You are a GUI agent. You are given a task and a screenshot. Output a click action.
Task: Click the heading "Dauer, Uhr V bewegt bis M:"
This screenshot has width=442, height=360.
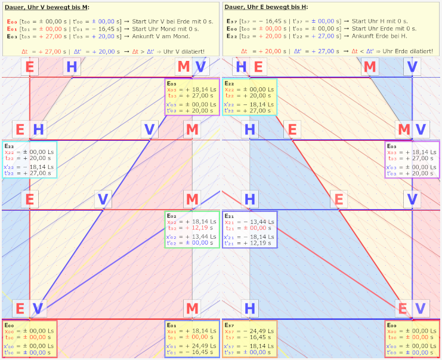[x=47, y=7]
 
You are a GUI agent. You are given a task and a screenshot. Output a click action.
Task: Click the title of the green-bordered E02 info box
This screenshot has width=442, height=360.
[x=172, y=215]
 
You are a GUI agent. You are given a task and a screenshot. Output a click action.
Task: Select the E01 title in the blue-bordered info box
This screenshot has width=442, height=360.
[x=172, y=325]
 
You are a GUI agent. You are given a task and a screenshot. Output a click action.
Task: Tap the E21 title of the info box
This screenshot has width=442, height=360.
[x=229, y=215]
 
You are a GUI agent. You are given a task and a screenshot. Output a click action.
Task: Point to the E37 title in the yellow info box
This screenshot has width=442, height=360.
[x=230, y=325]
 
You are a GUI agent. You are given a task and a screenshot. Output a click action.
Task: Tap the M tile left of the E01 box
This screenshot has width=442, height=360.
[x=192, y=308]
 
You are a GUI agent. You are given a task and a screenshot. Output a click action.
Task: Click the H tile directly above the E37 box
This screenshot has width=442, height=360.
[x=250, y=308]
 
